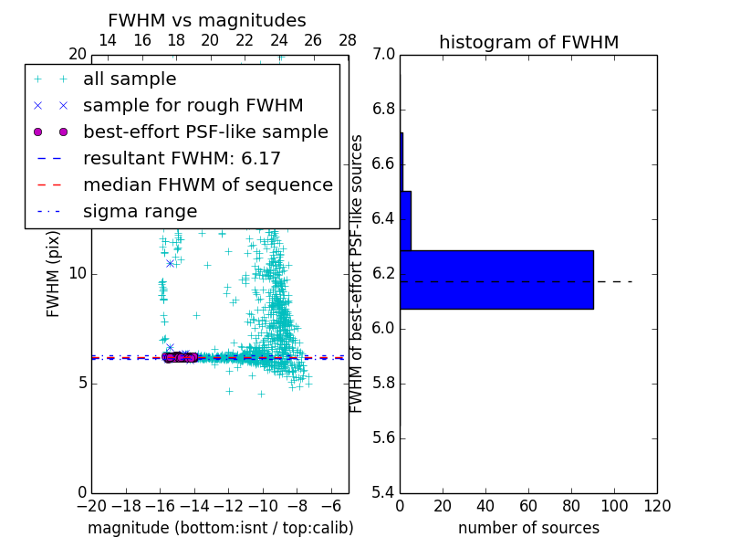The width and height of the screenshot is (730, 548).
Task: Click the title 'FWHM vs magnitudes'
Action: click(207, 21)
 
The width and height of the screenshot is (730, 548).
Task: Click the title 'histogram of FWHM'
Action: click(528, 42)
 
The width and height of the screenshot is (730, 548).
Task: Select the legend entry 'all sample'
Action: click(130, 79)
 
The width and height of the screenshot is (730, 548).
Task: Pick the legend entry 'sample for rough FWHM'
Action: click(193, 106)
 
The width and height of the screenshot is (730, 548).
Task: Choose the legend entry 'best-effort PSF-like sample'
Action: click(205, 132)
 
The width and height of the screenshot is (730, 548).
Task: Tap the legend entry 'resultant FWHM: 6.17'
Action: click(182, 159)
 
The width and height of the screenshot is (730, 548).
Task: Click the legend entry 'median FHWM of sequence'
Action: click(208, 185)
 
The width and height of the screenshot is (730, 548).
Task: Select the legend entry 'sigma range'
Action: click(140, 212)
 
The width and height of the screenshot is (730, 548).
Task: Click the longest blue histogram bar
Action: click(496, 279)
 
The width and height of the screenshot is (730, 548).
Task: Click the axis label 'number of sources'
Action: click(528, 528)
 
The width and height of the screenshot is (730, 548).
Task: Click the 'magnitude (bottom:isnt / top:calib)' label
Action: click(220, 528)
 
